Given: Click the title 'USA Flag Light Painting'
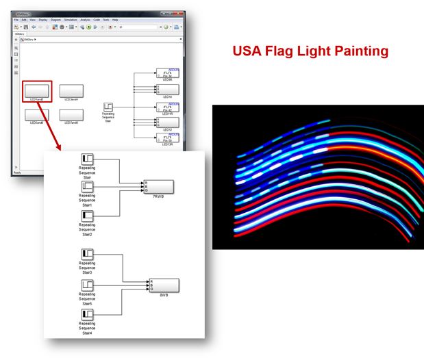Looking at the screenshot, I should point(310,51).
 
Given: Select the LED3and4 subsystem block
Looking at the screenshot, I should point(71,90).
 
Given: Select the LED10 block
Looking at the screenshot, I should point(168,89).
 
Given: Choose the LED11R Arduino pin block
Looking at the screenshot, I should point(168,107).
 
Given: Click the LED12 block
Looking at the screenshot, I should point(168,123).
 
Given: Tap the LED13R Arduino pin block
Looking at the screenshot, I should point(168,138).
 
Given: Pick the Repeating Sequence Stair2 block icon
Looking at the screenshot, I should point(87,218).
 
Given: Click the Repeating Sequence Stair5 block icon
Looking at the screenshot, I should point(87,285).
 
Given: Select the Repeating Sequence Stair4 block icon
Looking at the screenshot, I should point(87,315).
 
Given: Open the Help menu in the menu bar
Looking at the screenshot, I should point(114,20).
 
